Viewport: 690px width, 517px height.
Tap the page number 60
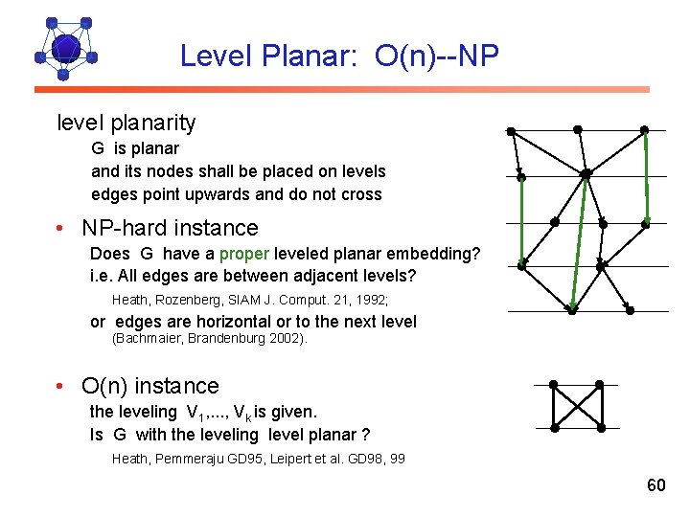coord(655,485)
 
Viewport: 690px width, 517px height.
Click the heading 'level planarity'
coord(126,123)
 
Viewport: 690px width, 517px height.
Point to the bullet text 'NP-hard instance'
coord(170,228)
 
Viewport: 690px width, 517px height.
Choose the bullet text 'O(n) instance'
coord(150,386)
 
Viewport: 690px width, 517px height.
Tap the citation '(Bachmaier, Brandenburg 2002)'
coord(210,339)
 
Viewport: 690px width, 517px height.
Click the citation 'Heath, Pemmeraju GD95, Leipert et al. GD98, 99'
coord(258,459)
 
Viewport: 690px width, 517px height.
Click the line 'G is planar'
coord(135,148)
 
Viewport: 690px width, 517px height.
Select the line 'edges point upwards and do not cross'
coord(236,194)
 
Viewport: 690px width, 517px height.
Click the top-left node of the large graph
coord(512,130)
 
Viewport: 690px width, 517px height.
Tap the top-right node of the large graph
coord(644,130)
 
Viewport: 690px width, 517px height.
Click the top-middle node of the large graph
coord(577,129)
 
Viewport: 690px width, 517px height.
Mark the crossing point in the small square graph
coord(576,407)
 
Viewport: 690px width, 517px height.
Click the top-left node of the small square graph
coord(553,385)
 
